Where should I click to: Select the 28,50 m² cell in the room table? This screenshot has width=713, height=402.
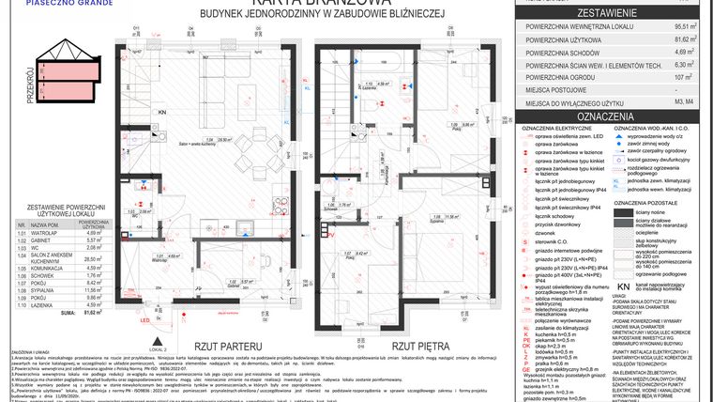point(93,258)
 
